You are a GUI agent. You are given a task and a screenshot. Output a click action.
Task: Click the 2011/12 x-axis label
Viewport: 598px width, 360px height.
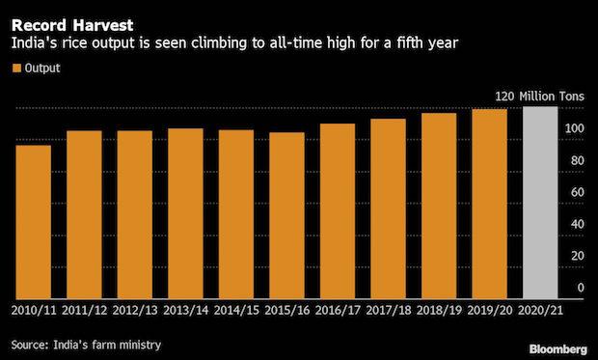point(85,312)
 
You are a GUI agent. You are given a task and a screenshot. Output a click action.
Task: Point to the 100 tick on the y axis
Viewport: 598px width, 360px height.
point(575,129)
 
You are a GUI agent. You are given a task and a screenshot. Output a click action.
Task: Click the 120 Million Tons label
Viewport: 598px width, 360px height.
point(538,97)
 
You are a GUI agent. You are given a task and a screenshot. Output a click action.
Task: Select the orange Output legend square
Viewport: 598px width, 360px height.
point(16,68)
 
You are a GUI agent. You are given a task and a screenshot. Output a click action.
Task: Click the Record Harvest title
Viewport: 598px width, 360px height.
point(66,14)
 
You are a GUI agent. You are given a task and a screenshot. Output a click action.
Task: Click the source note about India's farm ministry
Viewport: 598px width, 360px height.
point(86,344)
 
